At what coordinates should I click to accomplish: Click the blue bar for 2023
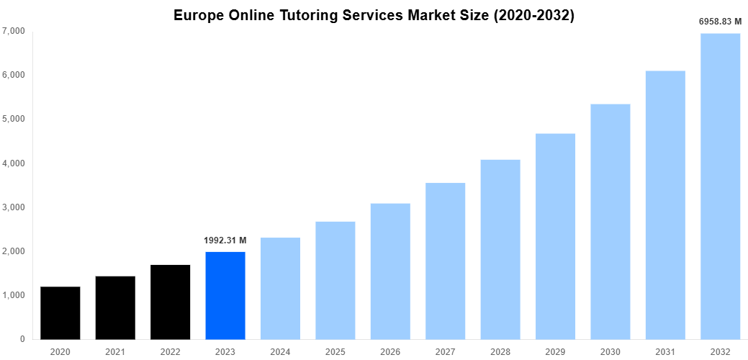pyautogui.click(x=225, y=295)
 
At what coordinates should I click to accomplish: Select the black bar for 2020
pyautogui.click(x=60, y=313)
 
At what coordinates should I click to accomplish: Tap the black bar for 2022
pyautogui.click(x=171, y=302)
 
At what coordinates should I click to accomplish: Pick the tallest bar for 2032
pyautogui.click(x=720, y=187)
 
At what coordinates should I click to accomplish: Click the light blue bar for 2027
pyautogui.click(x=445, y=261)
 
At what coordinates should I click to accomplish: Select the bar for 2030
pyautogui.click(x=610, y=222)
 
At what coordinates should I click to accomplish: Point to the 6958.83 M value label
pyautogui.click(x=720, y=22)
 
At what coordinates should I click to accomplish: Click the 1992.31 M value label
pyautogui.click(x=225, y=240)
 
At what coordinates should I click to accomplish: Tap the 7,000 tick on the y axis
pyautogui.click(x=14, y=31)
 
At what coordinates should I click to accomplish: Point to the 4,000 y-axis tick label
pyautogui.click(x=14, y=163)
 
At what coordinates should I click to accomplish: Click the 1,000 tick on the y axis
pyautogui.click(x=14, y=295)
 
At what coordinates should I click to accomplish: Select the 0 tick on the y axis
pyautogui.click(x=22, y=339)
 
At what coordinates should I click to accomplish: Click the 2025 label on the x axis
pyautogui.click(x=335, y=351)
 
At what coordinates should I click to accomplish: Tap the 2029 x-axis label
pyautogui.click(x=555, y=351)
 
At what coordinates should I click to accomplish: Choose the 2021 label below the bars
pyautogui.click(x=115, y=351)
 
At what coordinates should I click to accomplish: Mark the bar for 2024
pyautogui.click(x=280, y=288)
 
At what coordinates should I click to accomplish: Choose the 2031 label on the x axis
pyautogui.click(x=665, y=351)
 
